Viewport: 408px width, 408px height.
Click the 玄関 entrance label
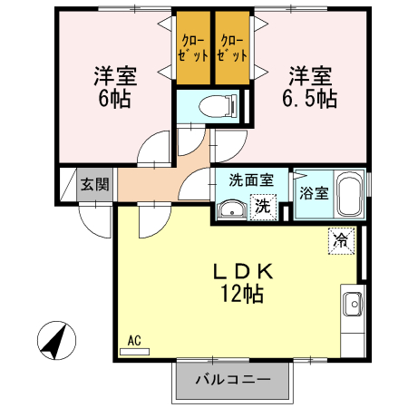(93, 185)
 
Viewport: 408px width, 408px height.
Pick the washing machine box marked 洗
(262, 206)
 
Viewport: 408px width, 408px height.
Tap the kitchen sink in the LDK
(352, 302)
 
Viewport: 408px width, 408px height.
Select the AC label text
(133, 341)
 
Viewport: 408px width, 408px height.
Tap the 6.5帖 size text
(310, 96)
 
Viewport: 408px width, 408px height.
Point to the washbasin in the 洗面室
(230, 211)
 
